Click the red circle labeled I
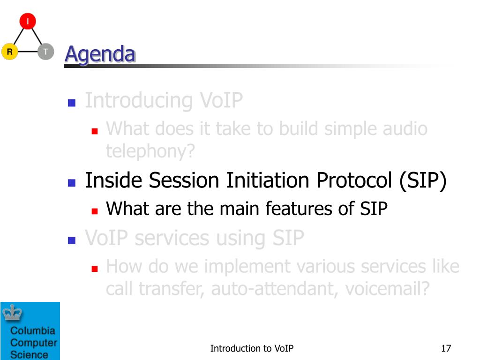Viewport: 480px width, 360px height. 28,21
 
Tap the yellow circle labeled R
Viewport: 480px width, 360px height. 10,52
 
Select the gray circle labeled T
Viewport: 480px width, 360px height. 45,52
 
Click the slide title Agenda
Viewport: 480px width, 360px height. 100,54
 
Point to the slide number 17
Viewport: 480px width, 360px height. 446,348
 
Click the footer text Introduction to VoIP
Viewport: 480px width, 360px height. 252,348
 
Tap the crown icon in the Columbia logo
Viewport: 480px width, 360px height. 12,313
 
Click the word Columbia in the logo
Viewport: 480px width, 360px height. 33,330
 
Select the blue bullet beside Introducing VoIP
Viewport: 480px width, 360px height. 72,103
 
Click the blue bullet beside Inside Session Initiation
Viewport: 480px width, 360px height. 72,183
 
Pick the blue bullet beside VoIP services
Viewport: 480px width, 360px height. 72,240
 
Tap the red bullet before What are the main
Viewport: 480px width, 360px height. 95,211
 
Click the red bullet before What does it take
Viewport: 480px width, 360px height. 95,131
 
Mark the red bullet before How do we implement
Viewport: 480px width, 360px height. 95,269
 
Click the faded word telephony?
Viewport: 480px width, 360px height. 150,151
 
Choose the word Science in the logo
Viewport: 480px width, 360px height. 29,354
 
